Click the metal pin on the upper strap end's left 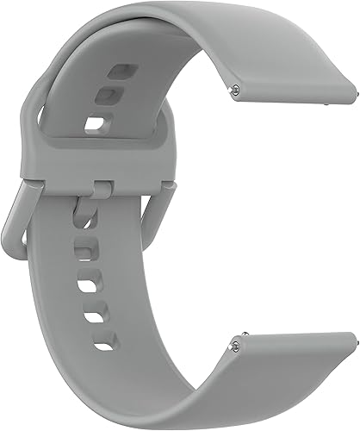tap(236, 86)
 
